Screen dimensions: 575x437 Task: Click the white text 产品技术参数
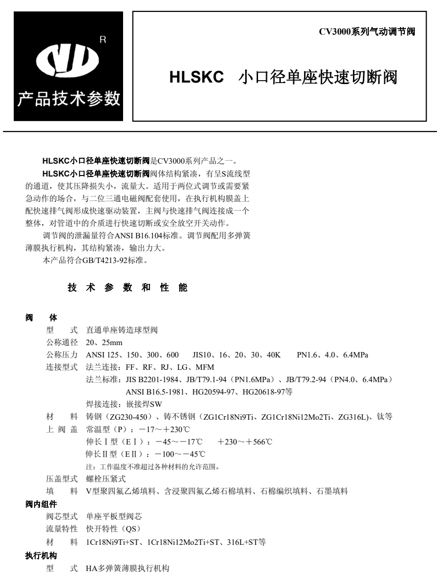click(x=69, y=98)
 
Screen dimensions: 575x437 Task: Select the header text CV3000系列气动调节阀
click(x=366, y=32)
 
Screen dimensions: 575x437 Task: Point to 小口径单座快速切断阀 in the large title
click(x=318, y=78)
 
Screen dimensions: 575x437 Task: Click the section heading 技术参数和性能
click(x=128, y=287)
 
